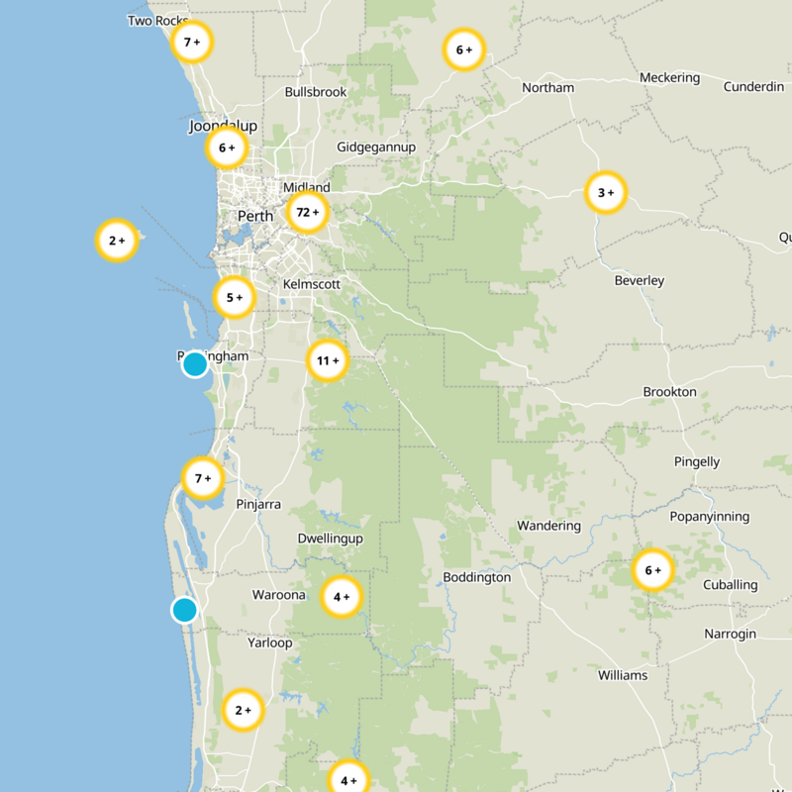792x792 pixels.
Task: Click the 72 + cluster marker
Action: (308, 212)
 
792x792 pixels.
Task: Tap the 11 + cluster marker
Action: (328, 361)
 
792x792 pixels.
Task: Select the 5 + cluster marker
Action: (235, 297)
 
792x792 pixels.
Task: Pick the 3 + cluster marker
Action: (606, 192)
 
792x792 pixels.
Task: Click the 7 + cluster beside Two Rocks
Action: (192, 43)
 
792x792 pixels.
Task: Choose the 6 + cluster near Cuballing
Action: (652, 570)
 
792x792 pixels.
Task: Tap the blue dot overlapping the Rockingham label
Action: (195, 364)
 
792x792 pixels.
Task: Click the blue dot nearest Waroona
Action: (184, 610)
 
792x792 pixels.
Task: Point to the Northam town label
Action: (547, 87)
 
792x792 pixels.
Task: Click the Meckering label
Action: (669, 77)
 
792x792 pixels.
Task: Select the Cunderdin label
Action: (753, 86)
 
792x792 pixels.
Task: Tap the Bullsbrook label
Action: (316, 92)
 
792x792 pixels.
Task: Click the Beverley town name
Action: (640, 280)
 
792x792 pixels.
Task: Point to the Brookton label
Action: (670, 392)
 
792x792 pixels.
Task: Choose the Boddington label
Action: (476, 577)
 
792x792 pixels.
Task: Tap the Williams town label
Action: (623, 675)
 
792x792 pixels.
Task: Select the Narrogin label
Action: (730, 634)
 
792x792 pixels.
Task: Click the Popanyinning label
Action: (710, 517)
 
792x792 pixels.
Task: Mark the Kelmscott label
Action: (311, 284)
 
